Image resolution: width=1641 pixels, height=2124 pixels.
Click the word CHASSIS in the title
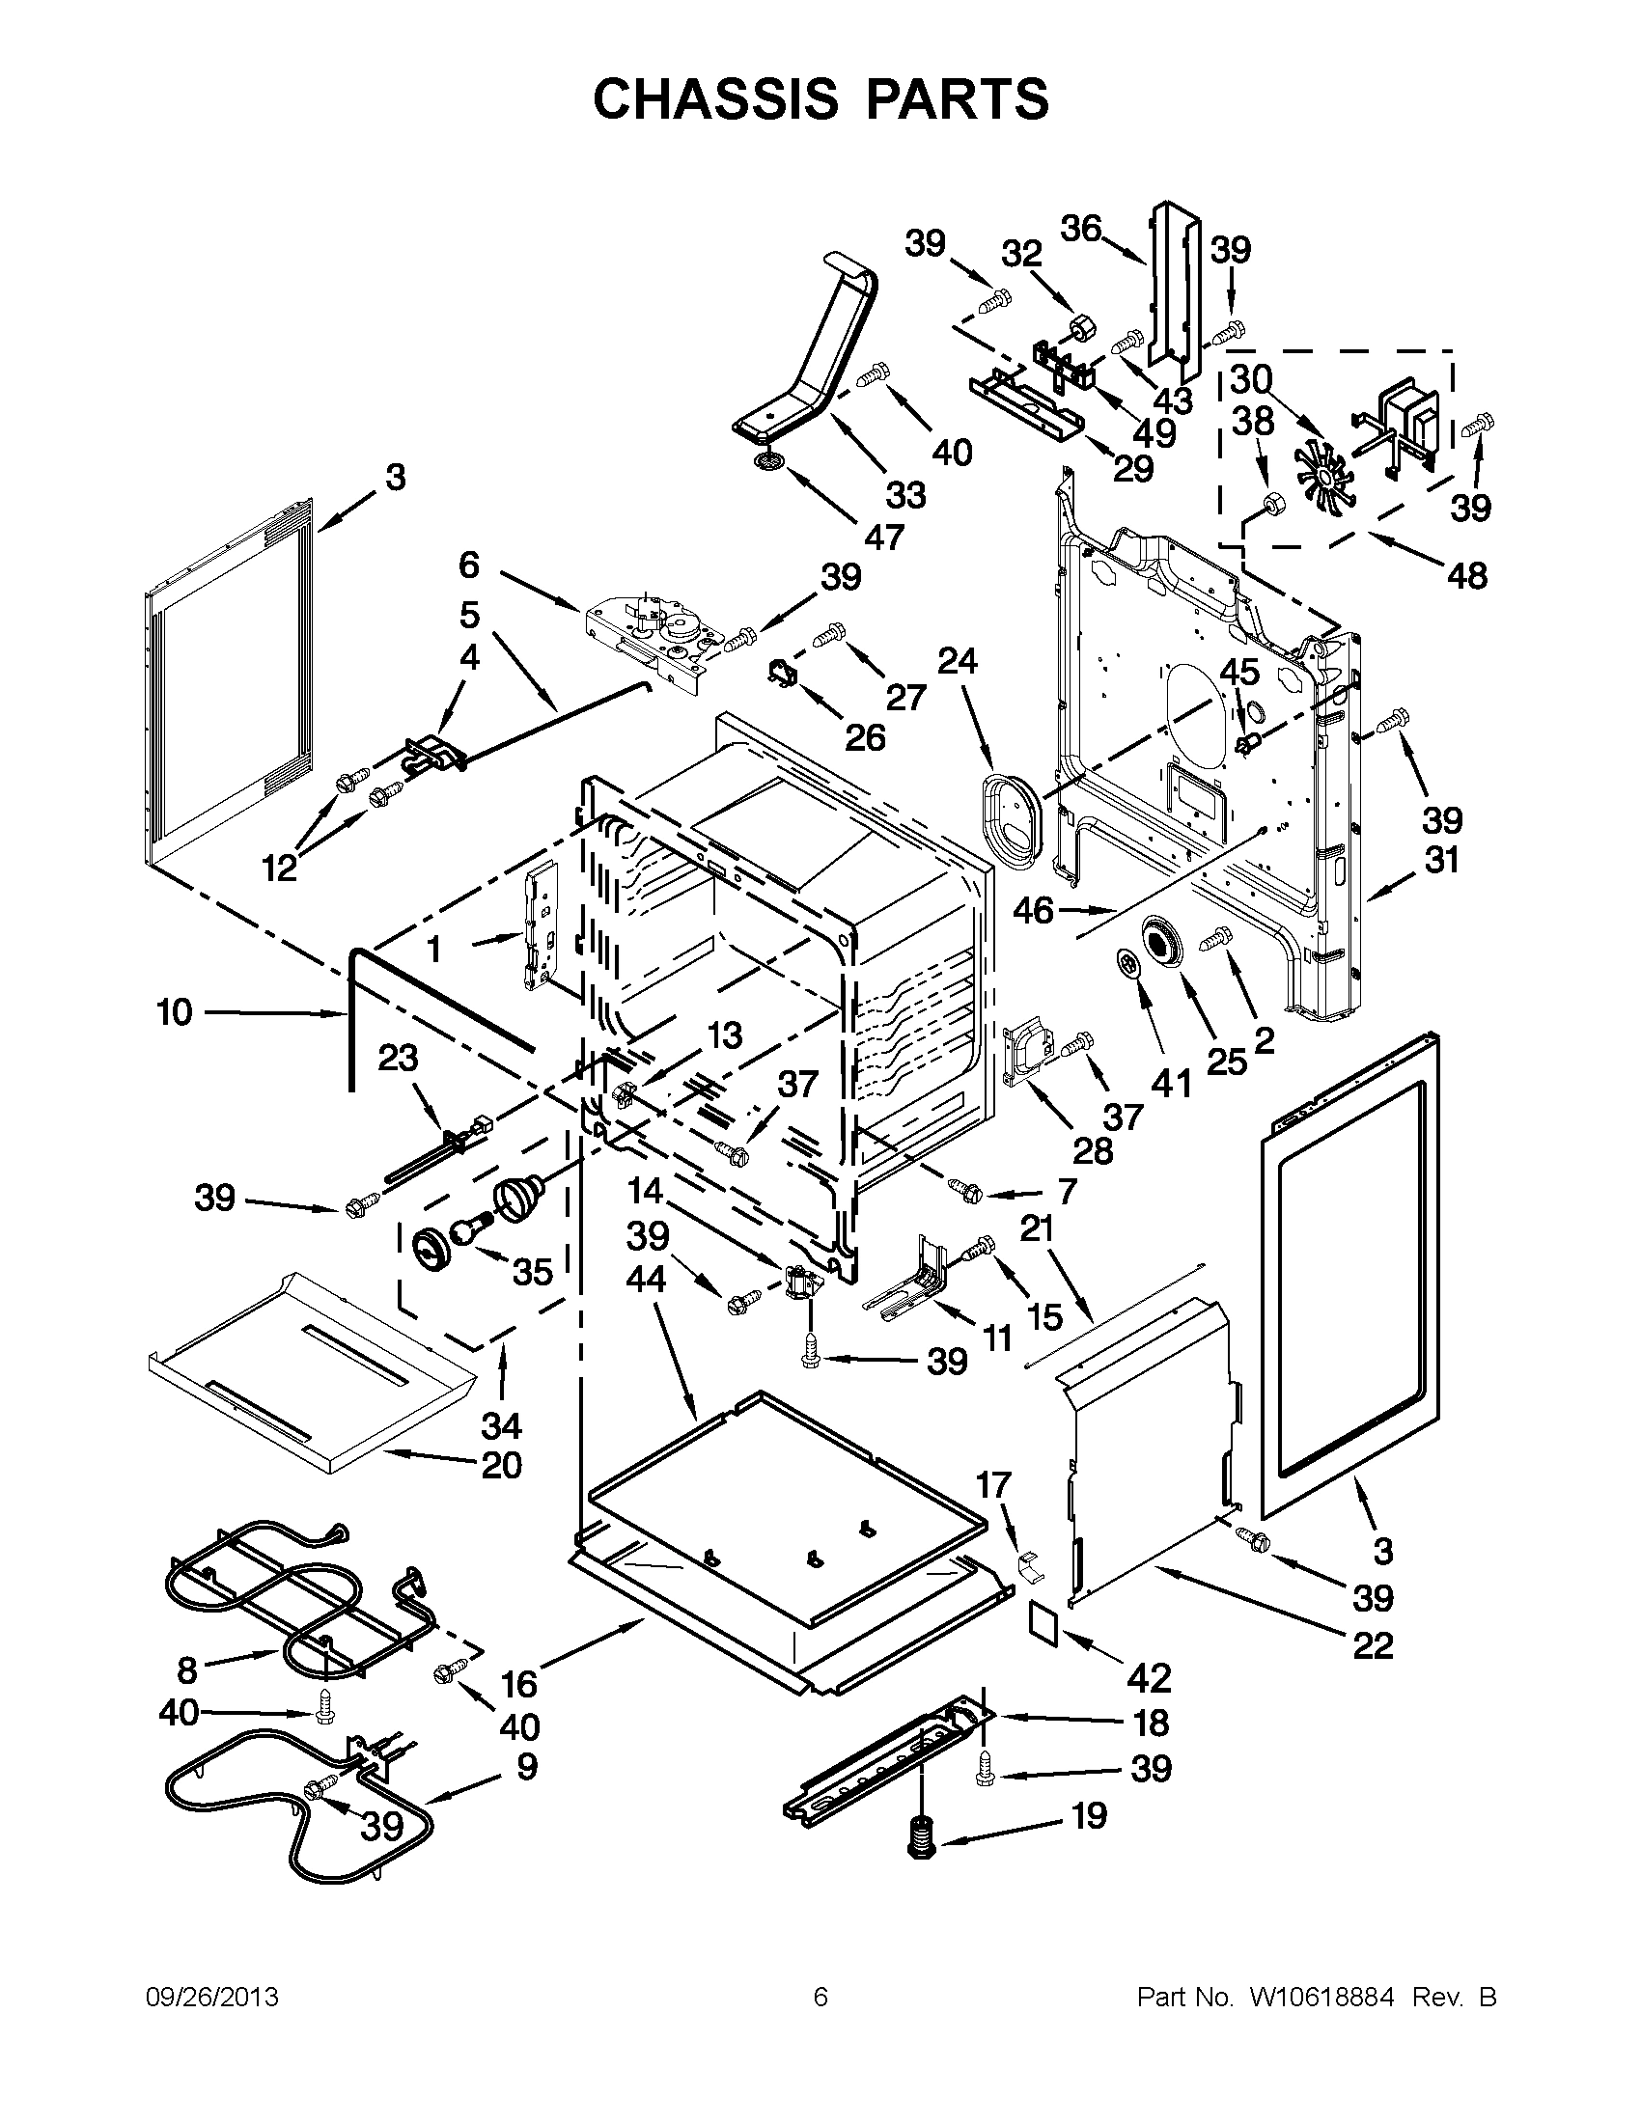(715, 98)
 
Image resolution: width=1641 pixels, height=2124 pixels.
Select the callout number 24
(958, 660)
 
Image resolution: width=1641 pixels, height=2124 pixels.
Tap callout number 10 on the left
(175, 1012)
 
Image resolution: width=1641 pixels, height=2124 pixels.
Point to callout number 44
(646, 1279)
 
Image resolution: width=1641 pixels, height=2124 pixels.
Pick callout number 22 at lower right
(1373, 1645)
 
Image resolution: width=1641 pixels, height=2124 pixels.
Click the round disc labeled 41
(1128, 965)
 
